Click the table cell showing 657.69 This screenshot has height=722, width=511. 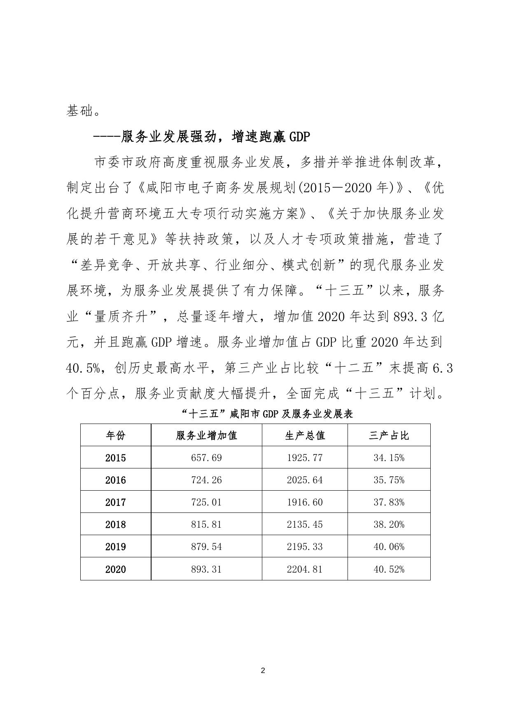click(206, 458)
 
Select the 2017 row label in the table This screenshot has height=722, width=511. click(115, 502)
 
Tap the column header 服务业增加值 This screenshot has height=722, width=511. click(206, 435)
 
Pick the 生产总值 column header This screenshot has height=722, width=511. click(305, 435)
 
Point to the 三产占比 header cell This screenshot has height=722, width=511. click(389, 435)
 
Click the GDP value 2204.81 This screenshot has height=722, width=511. click(305, 569)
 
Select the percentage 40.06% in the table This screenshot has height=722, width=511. click(389, 547)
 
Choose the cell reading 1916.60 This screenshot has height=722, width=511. click(305, 502)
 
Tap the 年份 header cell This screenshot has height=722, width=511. click(115, 435)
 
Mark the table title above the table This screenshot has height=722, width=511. click(267, 414)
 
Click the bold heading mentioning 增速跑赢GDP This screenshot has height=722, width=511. click(202, 137)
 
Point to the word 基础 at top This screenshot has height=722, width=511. click(79, 110)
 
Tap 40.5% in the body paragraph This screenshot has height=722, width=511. click(84, 368)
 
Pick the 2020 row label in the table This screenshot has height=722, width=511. click(115, 569)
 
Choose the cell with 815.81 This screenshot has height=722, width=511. click(206, 524)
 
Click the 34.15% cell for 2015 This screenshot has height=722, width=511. click(389, 458)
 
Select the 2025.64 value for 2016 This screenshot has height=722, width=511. click(305, 480)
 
